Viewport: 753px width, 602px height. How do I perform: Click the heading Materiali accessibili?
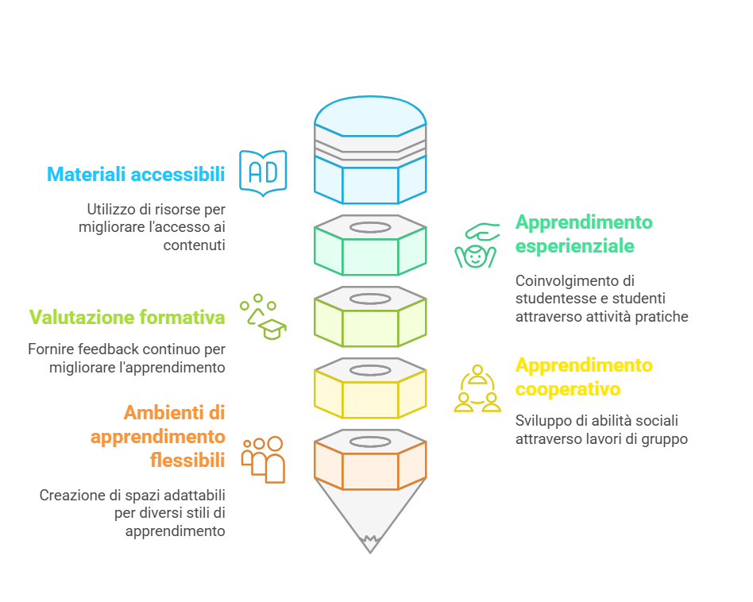(136, 174)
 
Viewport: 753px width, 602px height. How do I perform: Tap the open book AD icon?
(263, 171)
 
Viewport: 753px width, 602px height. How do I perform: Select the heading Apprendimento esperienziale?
(584, 233)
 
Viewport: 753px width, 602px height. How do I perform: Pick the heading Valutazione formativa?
(127, 318)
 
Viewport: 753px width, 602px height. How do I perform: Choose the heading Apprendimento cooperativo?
(584, 377)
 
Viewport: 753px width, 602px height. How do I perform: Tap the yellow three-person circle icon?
(477, 388)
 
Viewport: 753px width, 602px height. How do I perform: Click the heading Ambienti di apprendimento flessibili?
(159, 436)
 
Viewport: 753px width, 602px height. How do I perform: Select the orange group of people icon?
(264, 459)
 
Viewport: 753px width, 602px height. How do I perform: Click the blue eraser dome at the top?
(370, 111)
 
